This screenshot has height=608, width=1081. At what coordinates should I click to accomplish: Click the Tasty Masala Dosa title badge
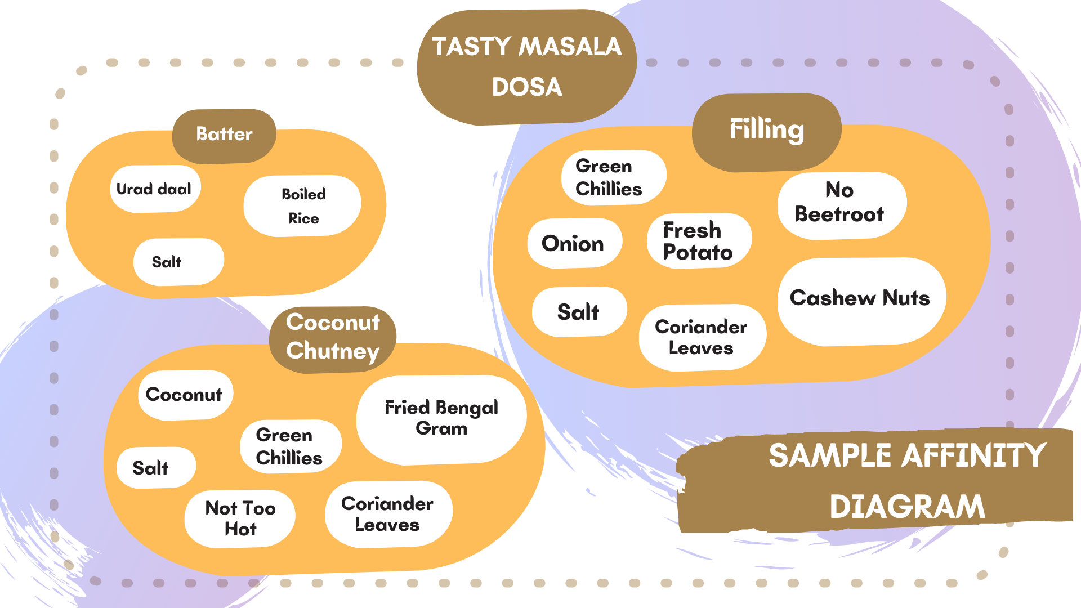pyautogui.click(x=527, y=66)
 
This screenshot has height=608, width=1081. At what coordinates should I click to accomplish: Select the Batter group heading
pyautogui.click(x=224, y=135)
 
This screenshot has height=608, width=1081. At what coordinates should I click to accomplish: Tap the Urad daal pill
pyautogui.click(x=154, y=189)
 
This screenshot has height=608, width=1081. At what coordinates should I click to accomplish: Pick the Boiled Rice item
pyautogui.click(x=303, y=206)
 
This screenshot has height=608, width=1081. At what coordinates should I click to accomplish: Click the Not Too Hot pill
pyautogui.click(x=240, y=518)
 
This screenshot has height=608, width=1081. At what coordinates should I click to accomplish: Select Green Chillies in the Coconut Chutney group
pyautogui.click(x=290, y=446)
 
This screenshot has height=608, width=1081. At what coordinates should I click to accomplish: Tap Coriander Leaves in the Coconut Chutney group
pyautogui.click(x=388, y=514)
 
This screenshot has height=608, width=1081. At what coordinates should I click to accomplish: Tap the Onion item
pyautogui.click(x=574, y=244)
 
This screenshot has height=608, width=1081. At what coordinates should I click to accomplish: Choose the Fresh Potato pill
pyautogui.click(x=698, y=241)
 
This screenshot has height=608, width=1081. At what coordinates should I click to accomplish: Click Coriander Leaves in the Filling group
pyautogui.click(x=702, y=338)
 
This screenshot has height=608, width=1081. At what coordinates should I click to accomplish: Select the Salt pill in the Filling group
pyautogui.click(x=579, y=312)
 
